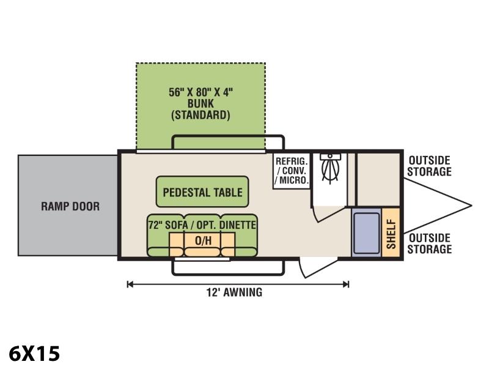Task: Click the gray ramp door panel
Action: (68, 206)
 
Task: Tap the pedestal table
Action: (202, 191)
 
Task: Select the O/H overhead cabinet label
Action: (203, 240)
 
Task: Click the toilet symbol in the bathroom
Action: (330, 169)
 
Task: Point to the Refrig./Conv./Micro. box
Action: (292, 171)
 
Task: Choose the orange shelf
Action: (391, 232)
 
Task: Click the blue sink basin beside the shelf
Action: (366, 233)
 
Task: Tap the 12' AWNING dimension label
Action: (234, 292)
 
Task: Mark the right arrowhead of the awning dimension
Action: (346, 284)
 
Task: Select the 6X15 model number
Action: (34, 354)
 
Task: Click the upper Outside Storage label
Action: (430, 166)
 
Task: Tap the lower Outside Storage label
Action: (430, 243)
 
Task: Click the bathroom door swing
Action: (329, 213)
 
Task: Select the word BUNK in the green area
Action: (200, 103)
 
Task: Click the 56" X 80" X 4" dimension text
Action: (201, 92)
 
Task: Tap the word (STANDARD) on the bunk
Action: (200, 115)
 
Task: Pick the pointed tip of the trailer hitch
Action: (471, 206)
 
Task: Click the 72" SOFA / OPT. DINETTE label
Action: (202, 224)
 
